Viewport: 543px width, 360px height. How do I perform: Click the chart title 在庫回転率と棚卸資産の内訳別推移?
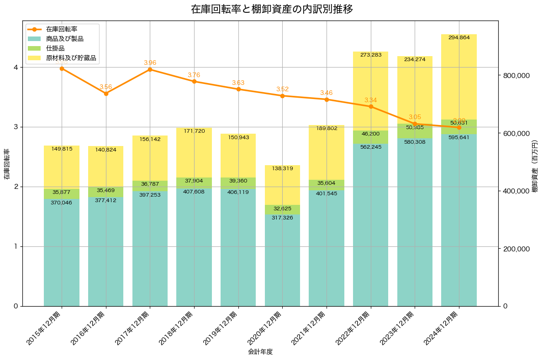(272, 9)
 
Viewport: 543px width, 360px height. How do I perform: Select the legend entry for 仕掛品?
(55, 48)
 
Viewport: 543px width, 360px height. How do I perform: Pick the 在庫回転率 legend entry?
(62, 29)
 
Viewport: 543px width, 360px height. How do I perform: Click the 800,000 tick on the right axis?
(516, 76)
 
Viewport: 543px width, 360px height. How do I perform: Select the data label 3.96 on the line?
(150, 63)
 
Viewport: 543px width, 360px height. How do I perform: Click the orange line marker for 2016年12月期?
(106, 94)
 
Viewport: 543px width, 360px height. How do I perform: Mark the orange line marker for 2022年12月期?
(371, 106)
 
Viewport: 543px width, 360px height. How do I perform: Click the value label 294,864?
(459, 38)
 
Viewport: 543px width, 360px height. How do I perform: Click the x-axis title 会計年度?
(260, 352)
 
